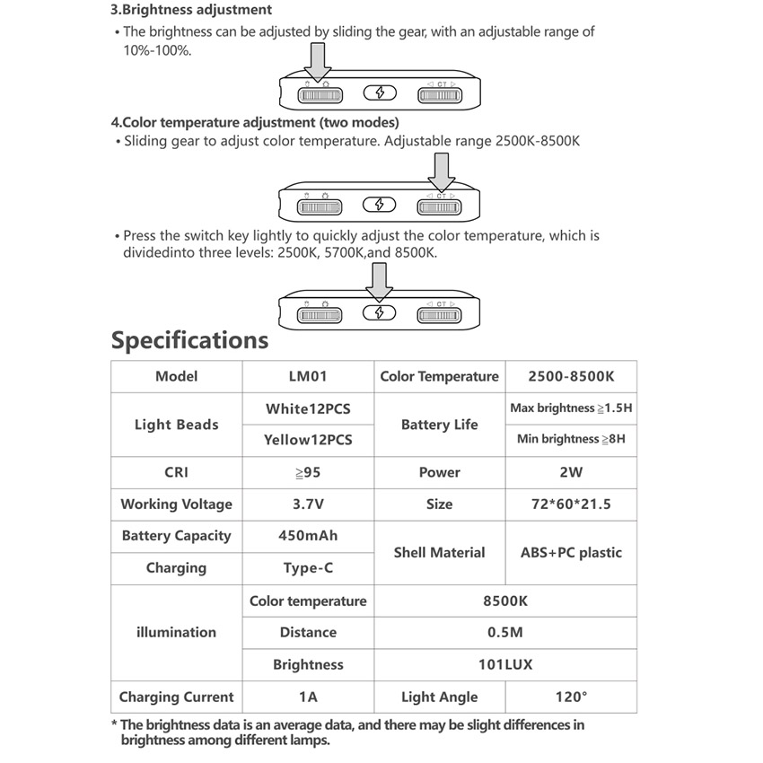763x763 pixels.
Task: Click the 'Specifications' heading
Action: pos(189,340)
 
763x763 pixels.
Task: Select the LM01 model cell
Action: pos(308,376)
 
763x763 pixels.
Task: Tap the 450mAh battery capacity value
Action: pos(308,536)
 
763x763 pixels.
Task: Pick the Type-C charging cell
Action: pos(308,568)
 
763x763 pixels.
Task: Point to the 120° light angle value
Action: pos(571,697)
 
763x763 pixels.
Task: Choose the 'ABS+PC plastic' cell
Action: pos(571,552)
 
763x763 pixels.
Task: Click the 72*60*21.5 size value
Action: pos(571,504)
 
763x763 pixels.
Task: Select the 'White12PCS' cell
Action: pos(308,408)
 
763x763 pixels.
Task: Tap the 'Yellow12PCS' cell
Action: pos(308,440)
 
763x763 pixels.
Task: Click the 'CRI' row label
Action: pos(176,472)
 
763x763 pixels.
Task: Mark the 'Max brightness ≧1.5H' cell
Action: pos(571,408)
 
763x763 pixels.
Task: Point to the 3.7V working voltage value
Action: pos(308,504)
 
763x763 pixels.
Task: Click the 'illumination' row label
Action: pos(176,632)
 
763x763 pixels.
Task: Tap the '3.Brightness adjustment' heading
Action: pos(191,11)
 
